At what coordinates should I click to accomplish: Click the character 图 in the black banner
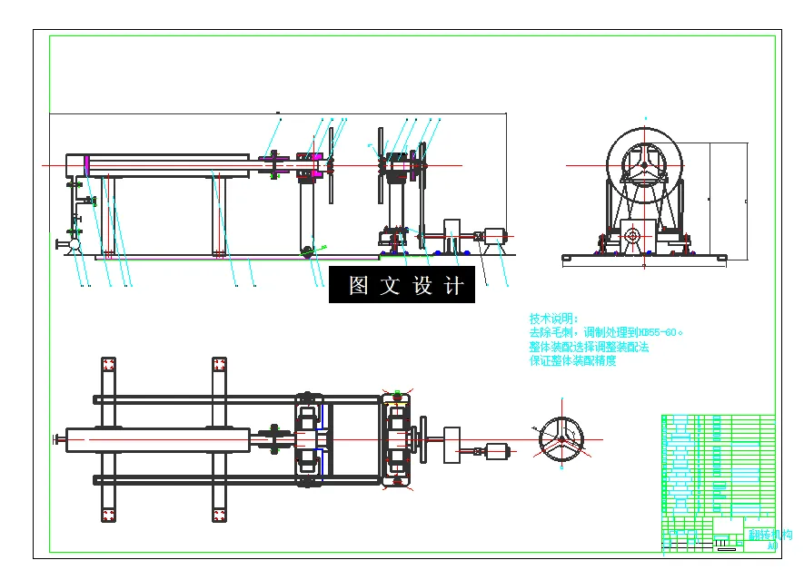(359, 286)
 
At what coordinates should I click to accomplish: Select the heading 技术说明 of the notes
(553, 319)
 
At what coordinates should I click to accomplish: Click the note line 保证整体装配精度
(572, 360)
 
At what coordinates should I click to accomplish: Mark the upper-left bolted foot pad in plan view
(108, 365)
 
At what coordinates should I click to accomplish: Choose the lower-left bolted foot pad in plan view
(108, 515)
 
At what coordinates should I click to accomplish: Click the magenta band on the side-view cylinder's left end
(86, 166)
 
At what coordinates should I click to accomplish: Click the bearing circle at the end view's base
(633, 237)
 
